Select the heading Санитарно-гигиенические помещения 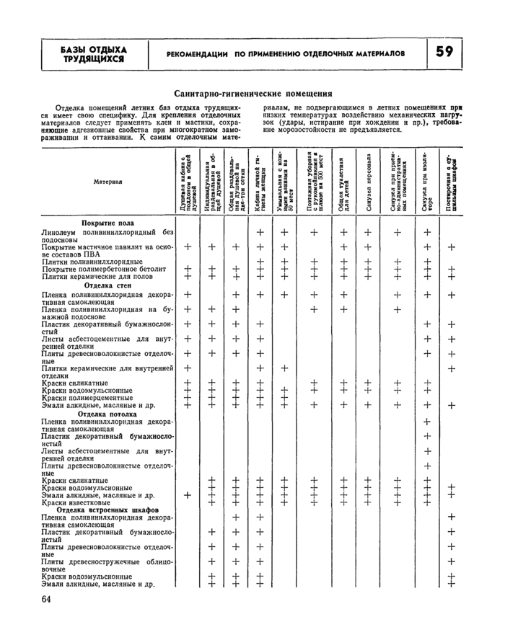pos(252,93)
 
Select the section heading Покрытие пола pos(107,223)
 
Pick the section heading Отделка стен pos(107,285)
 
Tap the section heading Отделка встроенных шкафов pos(107,510)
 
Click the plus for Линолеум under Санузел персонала pos(368,232)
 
